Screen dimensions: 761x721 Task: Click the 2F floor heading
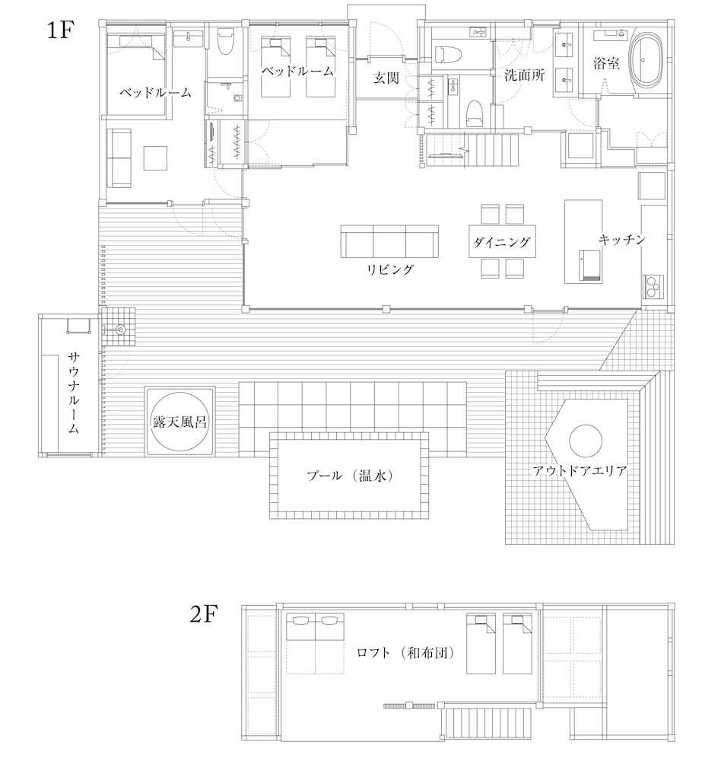pyautogui.click(x=205, y=614)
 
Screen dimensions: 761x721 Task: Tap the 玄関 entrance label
pyautogui.click(x=386, y=77)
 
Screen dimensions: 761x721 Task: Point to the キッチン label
pyautogui.click(x=622, y=240)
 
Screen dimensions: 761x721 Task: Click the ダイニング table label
pyautogui.click(x=501, y=243)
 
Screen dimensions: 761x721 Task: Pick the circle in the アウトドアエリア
pyautogui.click(x=586, y=441)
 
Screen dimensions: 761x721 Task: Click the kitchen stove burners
pyautogui.click(x=653, y=286)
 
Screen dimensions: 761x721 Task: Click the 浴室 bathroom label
pyautogui.click(x=606, y=64)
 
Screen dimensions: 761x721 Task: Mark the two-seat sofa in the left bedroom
pyautogui.click(x=119, y=157)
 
